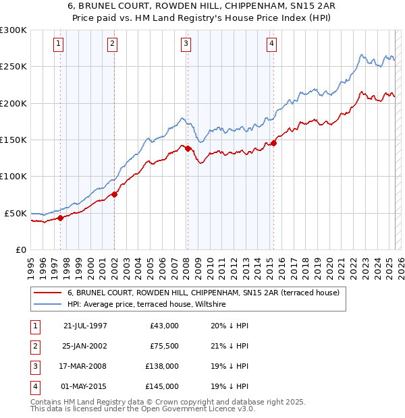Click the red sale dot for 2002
(114, 194)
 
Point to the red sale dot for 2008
(188, 148)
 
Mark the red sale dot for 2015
(273, 143)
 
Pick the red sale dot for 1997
(60, 218)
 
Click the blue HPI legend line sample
(47, 305)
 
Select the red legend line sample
(47, 293)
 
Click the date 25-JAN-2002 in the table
(85, 347)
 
